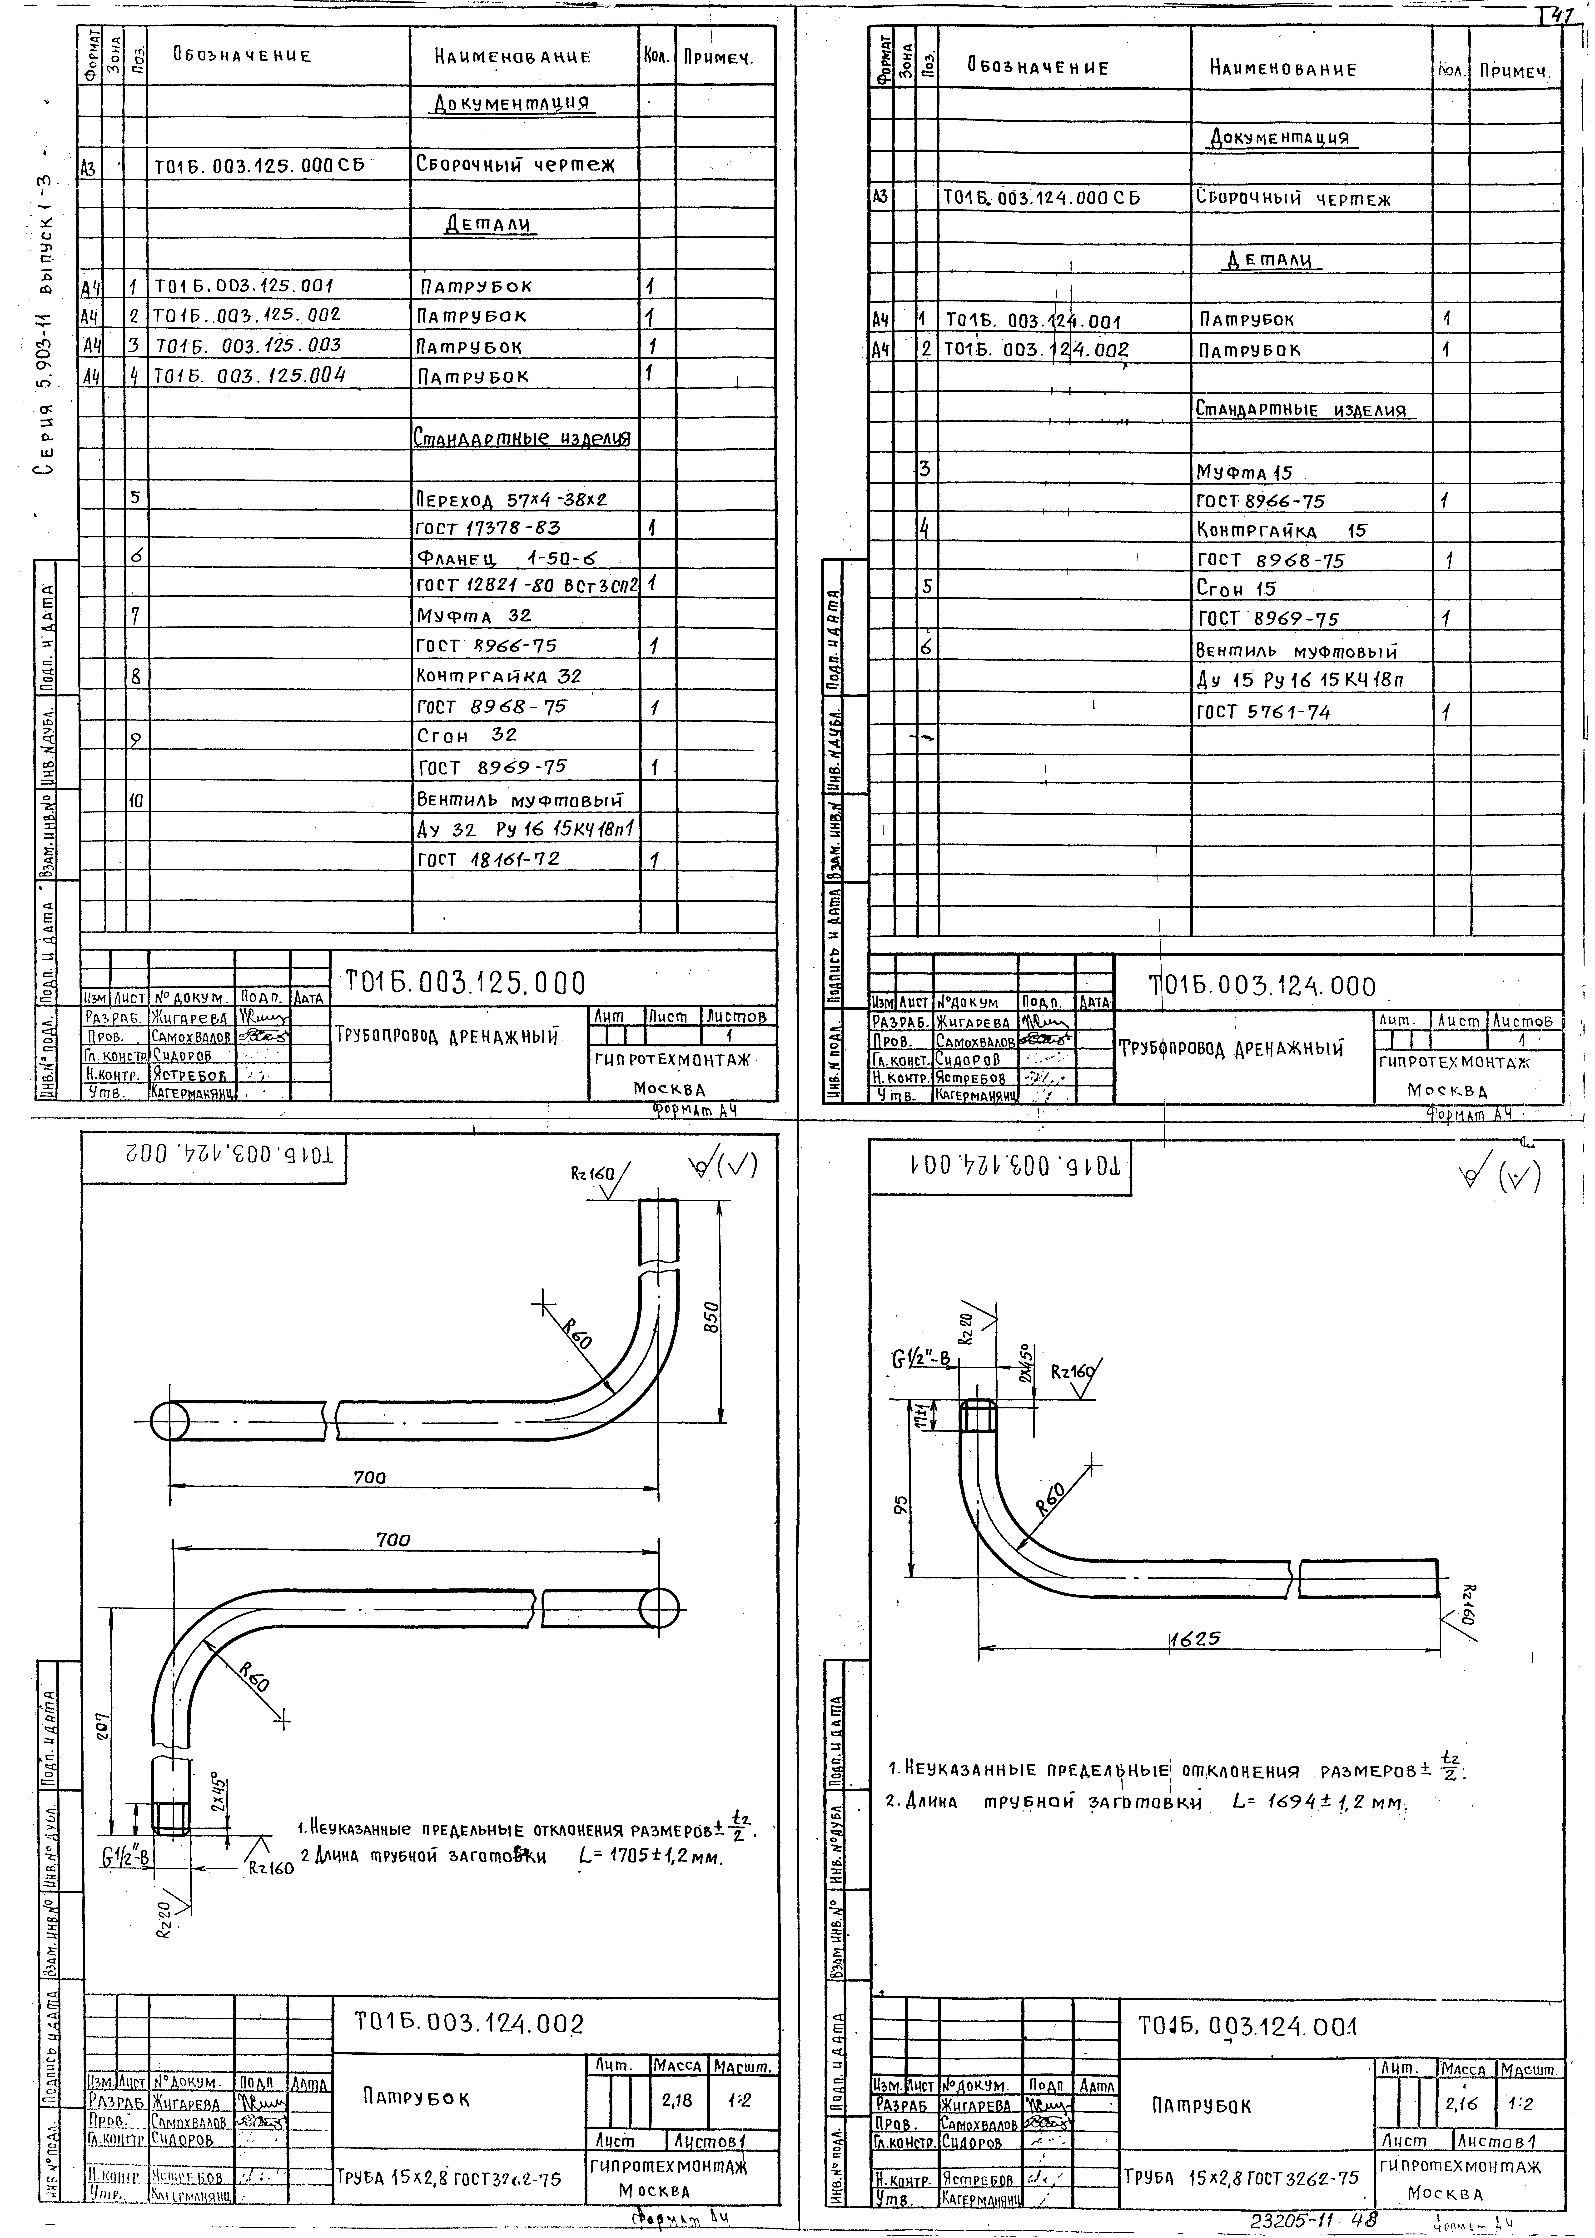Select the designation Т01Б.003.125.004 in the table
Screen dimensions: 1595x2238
pyautogui.click(x=250, y=375)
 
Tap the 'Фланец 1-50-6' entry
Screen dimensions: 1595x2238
pyautogui.click(x=507, y=558)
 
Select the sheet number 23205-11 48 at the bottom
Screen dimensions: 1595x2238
pyautogui.click(x=1313, y=2219)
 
